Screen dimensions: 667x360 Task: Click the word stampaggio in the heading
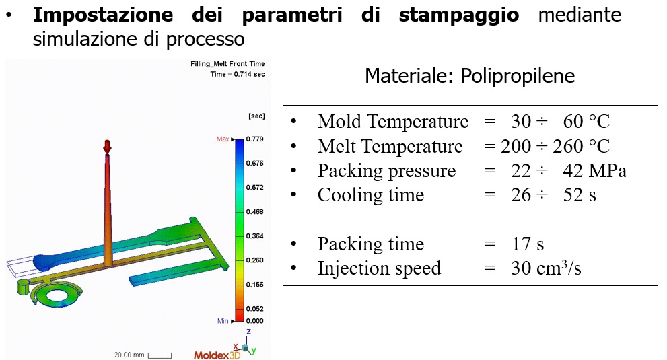(x=459, y=15)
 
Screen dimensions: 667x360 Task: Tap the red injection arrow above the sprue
(x=107, y=147)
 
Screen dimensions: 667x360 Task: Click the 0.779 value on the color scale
(x=255, y=139)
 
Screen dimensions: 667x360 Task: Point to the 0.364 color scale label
(x=255, y=236)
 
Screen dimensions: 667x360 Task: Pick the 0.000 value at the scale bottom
(x=255, y=321)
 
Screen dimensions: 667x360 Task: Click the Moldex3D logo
(x=217, y=355)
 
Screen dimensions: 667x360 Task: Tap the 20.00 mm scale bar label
(x=129, y=355)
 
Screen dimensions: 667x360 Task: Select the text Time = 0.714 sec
(x=238, y=74)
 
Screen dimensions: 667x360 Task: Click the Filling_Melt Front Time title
(x=227, y=64)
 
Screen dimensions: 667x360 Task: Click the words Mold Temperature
(x=393, y=122)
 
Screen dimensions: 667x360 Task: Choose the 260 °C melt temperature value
(x=581, y=147)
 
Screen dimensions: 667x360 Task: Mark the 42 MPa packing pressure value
(x=595, y=171)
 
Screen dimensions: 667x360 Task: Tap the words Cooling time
(x=371, y=195)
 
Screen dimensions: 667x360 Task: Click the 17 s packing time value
(x=528, y=244)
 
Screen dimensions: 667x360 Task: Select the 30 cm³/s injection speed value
(x=547, y=268)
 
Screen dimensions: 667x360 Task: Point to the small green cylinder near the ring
(x=22, y=287)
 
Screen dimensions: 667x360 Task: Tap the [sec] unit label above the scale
(x=256, y=116)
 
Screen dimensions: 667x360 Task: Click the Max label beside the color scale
(x=223, y=139)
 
